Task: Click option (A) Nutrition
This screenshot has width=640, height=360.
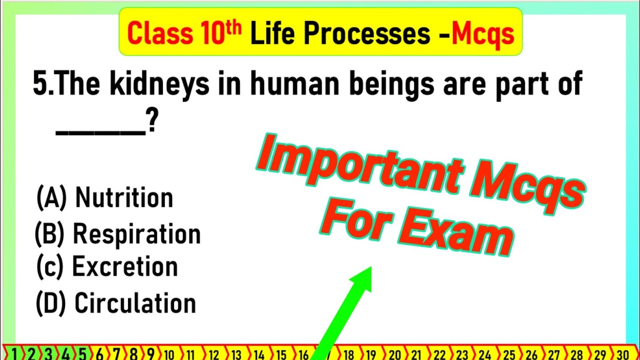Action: [104, 197]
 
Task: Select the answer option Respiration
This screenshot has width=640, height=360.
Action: [117, 234]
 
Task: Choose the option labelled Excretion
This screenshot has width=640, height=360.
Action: [107, 267]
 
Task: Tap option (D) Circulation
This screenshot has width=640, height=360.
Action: [115, 303]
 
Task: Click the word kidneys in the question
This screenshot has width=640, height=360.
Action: [160, 85]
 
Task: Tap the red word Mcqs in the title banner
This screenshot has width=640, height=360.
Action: [482, 33]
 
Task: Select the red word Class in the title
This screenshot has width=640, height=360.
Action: [159, 33]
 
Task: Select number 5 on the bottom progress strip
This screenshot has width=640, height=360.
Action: [82, 354]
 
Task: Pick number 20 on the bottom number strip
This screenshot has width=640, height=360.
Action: [395, 354]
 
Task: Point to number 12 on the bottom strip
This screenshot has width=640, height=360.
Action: [213, 354]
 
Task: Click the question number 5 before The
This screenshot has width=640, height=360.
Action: [39, 85]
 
